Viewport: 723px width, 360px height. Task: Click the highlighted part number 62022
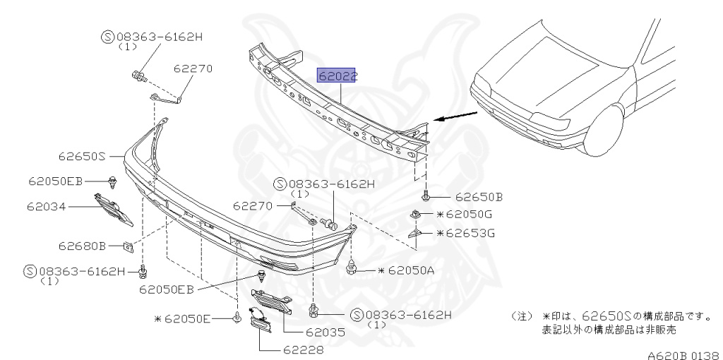[337, 76]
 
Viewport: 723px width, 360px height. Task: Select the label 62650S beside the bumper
[82, 156]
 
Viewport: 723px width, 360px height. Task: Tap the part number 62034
[46, 206]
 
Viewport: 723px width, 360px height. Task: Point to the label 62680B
[82, 246]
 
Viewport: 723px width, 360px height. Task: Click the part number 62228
[303, 350]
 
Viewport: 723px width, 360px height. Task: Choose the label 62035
[325, 332]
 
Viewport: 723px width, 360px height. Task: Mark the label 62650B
[479, 197]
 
